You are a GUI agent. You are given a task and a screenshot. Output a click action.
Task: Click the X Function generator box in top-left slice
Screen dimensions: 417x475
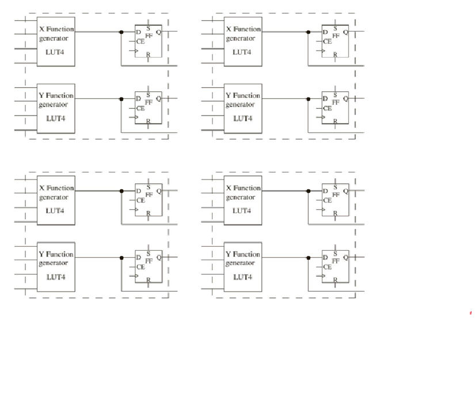56,41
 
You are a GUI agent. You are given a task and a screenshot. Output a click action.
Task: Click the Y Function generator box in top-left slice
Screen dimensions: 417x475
56,108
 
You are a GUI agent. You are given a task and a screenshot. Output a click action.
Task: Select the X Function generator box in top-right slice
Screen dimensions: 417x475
242,41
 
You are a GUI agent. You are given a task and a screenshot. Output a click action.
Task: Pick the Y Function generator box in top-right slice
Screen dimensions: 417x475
242,108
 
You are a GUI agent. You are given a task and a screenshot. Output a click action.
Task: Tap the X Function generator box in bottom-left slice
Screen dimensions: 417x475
56,200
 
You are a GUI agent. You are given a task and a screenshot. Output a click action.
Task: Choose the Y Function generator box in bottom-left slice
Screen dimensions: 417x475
56,266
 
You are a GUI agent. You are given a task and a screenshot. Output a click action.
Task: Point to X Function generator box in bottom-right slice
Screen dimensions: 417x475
242,200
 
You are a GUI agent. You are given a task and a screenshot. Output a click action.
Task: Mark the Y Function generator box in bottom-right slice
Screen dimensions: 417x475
242,266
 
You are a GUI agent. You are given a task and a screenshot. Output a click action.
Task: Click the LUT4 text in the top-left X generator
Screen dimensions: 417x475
55,52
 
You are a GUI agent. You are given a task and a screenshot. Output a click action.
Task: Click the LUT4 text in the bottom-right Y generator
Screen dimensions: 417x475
242,277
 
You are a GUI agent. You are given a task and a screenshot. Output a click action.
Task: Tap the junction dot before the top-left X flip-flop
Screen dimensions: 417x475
121,32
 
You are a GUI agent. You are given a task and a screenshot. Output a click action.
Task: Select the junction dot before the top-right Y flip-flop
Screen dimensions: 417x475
309,99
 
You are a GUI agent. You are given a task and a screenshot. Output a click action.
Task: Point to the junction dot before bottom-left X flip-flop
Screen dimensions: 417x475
121,191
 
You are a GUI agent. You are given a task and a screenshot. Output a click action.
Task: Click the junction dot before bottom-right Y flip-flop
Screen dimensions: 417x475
309,257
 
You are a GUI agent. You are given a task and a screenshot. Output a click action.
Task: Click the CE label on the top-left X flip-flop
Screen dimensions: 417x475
140,41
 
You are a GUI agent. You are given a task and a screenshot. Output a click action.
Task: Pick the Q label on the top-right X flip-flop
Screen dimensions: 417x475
345,32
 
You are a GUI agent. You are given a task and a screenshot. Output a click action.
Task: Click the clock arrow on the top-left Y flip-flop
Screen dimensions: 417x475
136,117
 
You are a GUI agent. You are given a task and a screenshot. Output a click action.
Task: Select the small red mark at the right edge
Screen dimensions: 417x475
470,313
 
